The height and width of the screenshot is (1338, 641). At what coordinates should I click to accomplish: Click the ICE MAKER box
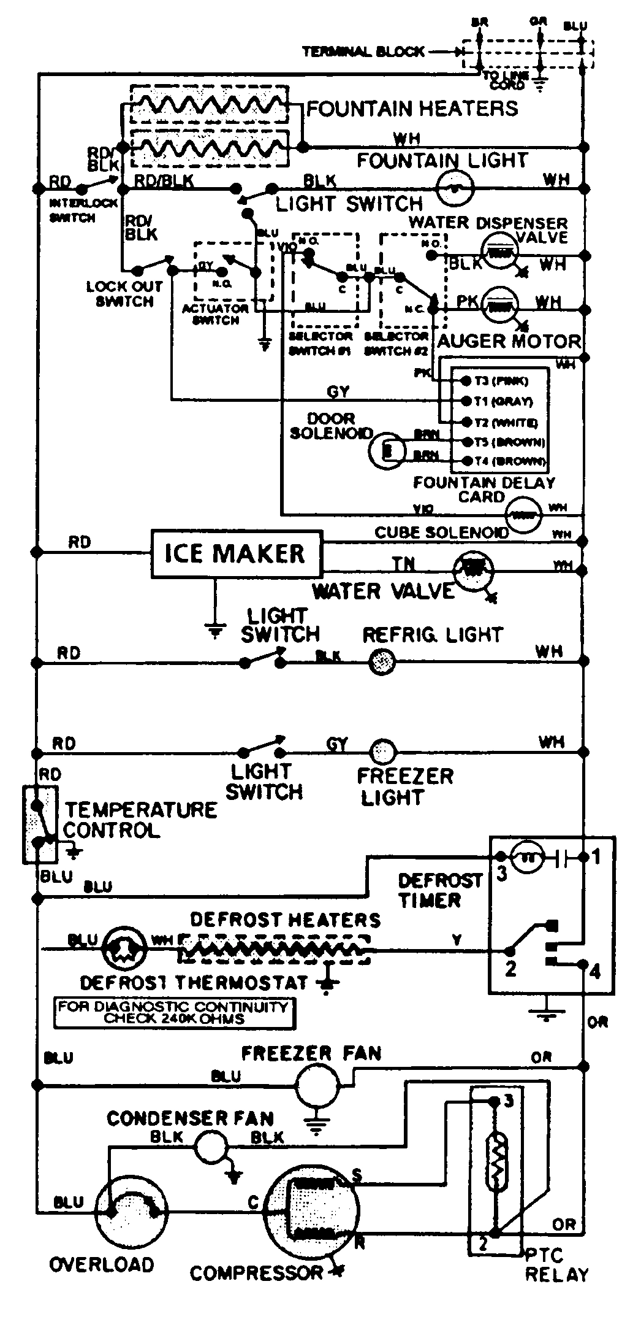pyautogui.click(x=237, y=554)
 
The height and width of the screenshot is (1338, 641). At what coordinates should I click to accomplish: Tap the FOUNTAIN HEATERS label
pyautogui.click(x=412, y=109)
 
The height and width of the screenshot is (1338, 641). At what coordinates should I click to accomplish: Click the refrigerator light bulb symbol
pyautogui.click(x=381, y=662)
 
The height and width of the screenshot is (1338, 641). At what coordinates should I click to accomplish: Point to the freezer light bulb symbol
pyautogui.click(x=383, y=751)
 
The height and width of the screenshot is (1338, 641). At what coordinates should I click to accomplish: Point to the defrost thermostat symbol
pyautogui.click(x=125, y=950)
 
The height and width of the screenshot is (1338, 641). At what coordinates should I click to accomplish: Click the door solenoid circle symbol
pyautogui.click(x=387, y=452)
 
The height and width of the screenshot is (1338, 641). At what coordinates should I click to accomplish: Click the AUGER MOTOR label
pyautogui.click(x=508, y=341)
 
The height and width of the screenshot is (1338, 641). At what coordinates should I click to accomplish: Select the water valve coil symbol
pyautogui.click(x=472, y=570)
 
